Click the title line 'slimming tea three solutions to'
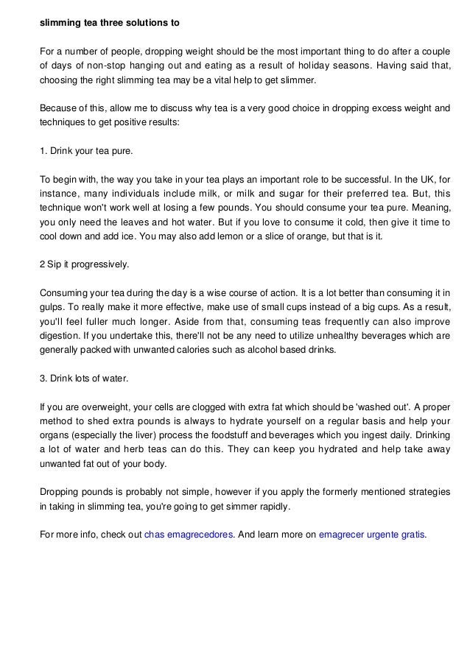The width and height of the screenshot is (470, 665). [109, 23]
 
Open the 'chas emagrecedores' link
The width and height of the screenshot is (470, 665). [189, 534]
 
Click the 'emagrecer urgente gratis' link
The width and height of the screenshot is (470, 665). [371, 534]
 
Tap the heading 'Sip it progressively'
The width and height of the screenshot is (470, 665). [83, 264]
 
